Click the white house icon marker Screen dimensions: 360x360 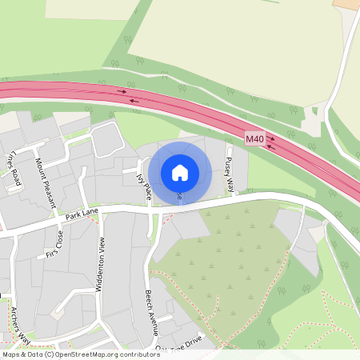(x=180, y=173)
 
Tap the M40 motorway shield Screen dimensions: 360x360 (x=254, y=139)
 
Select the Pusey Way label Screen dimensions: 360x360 (x=230, y=174)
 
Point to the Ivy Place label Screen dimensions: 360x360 (x=145, y=182)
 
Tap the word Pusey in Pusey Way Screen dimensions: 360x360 (x=228, y=166)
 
